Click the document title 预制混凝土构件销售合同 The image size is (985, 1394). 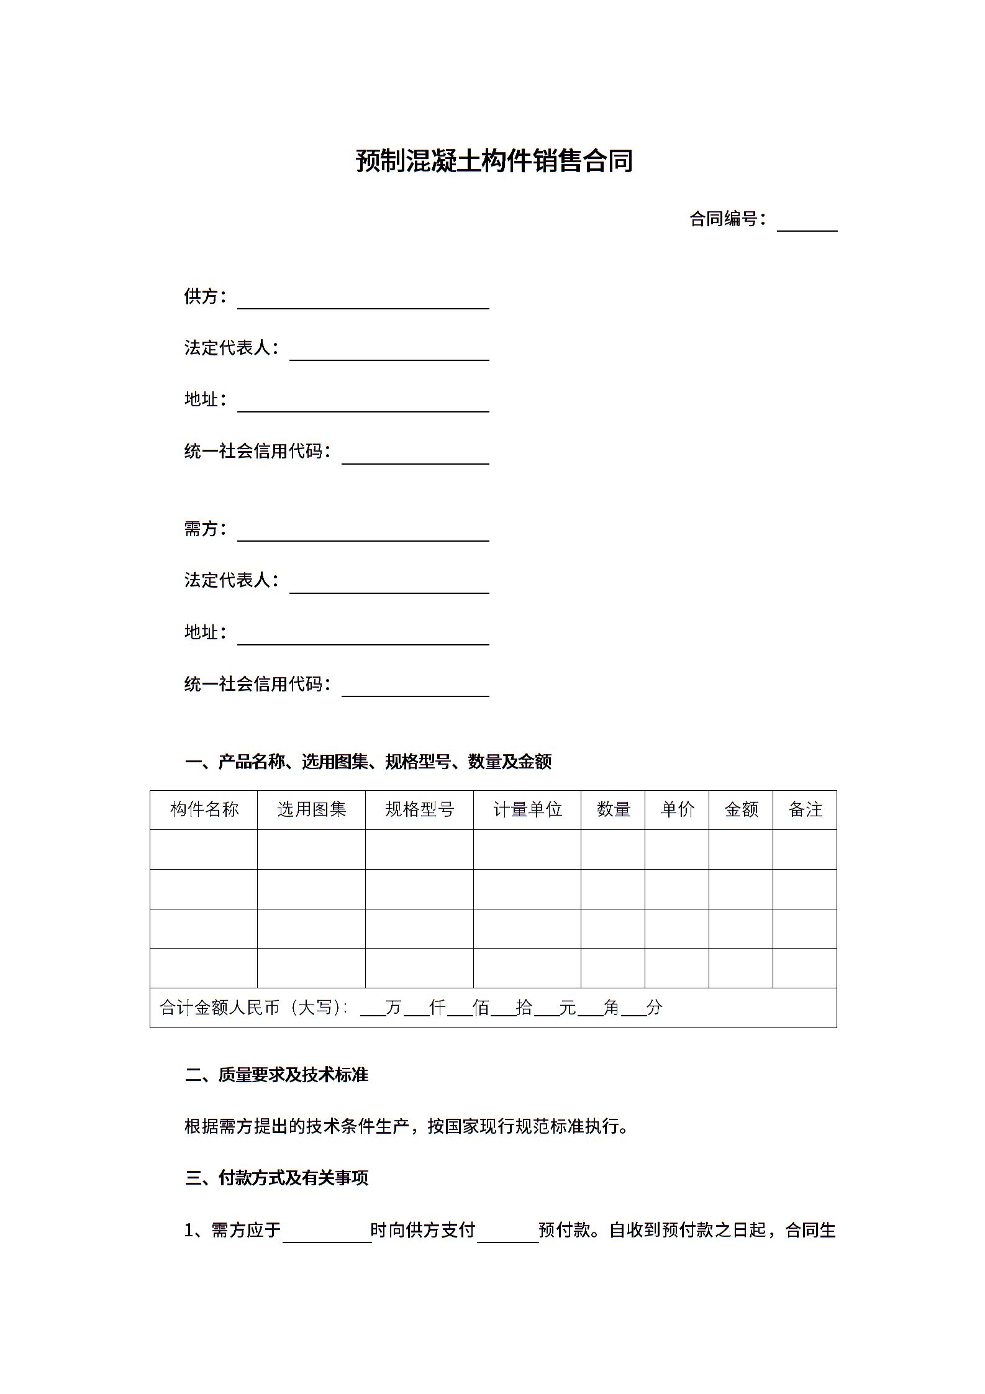click(x=494, y=161)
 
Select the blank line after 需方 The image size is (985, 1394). click(x=363, y=534)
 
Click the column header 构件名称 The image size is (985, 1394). click(x=204, y=809)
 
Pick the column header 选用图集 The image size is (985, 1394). click(x=311, y=809)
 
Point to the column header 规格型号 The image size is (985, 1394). click(x=419, y=809)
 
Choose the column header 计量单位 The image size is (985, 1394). click(x=527, y=809)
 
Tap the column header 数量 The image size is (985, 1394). click(x=613, y=809)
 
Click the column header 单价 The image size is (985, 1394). click(x=677, y=809)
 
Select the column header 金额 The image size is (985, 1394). click(x=741, y=809)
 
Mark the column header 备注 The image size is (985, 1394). click(x=805, y=809)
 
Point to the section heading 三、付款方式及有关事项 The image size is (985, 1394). click(x=276, y=1177)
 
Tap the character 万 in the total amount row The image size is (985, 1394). click(x=394, y=1007)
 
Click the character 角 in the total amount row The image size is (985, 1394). click(x=611, y=1007)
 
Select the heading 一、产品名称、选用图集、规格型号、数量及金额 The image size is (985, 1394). click(x=368, y=762)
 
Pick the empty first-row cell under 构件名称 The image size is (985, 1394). click(x=204, y=849)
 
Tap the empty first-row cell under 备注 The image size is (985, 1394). click(x=805, y=849)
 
